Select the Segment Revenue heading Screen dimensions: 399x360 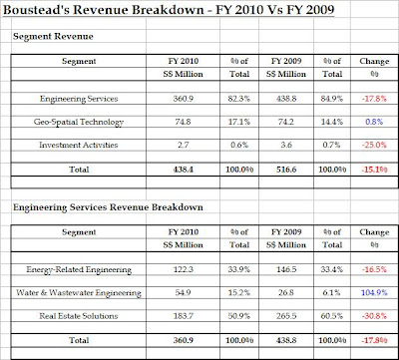[53, 36]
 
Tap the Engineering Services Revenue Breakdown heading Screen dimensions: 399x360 [108, 207]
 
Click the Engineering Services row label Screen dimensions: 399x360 [79, 99]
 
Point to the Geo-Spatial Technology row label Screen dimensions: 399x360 [79, 122]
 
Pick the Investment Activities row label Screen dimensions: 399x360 [79, 145]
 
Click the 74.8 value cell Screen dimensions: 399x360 [183, 122]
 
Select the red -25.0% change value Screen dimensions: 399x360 [374, 145]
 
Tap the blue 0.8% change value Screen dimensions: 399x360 [374, 122]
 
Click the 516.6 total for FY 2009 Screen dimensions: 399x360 [285, 170]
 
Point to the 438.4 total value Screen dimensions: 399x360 [183, 170]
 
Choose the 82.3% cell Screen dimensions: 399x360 [239, 99]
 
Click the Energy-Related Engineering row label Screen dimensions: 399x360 [79, 269]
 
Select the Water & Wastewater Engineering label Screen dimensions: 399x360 [79, 293]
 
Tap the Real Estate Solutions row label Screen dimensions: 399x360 [79, 316]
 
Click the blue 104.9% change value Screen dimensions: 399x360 [374, 293]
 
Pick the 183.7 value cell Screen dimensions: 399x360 [183, 316]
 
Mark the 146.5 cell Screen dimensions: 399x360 [285, 269]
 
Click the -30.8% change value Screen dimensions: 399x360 [374, 316]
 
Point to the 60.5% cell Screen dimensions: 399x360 [332, 316]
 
